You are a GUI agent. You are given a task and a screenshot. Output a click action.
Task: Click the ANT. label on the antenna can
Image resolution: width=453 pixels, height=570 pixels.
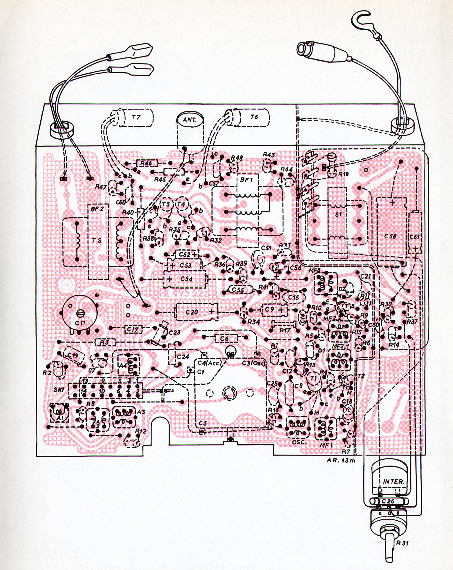(190, 119)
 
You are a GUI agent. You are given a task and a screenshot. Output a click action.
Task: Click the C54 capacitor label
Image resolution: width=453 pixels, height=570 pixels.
(186, 279)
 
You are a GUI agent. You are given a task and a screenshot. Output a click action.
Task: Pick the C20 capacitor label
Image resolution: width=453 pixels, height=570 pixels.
(191, 312)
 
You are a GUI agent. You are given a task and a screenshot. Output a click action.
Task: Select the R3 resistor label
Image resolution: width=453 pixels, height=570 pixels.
(105, 343)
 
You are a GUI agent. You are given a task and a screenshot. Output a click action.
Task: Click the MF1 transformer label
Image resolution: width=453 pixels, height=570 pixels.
(325, 446)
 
